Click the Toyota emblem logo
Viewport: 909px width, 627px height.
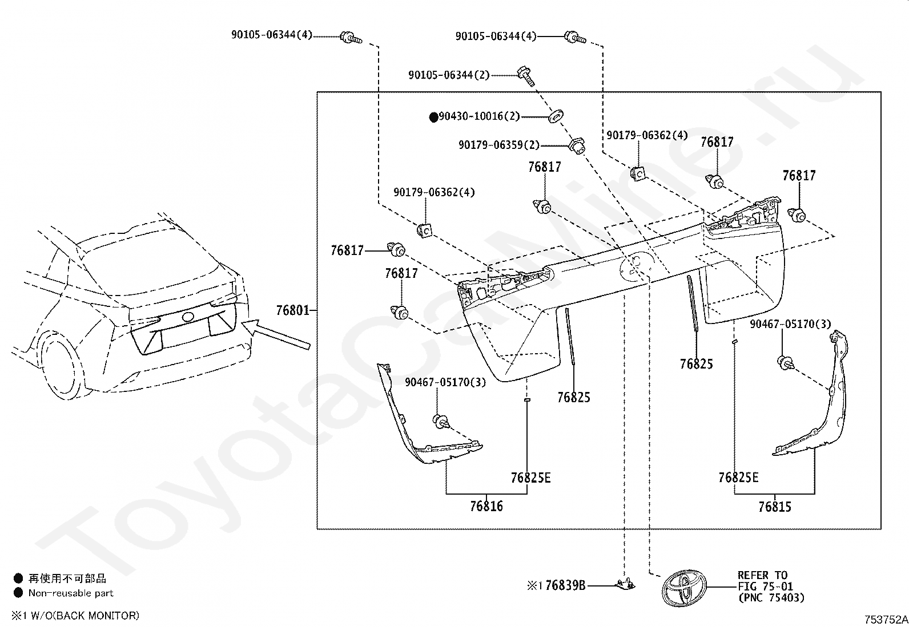(684, 587)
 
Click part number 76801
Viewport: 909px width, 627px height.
(292, 311)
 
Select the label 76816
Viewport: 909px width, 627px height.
(486, 506)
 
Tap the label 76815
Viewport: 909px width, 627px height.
(775, 507)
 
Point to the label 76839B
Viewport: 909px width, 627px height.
(565, 585)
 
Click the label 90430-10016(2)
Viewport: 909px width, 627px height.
(479, 116)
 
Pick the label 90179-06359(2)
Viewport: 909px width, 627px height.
(499, 145)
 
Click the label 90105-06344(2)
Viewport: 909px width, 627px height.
(449, 75)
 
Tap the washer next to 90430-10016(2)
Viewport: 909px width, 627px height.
(556, 117)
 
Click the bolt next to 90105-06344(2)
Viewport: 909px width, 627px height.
(526, 76)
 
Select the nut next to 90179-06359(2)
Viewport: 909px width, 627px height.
(577, 146)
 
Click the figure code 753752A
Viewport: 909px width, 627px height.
(886, 620)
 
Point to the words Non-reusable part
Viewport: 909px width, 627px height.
(71, 593)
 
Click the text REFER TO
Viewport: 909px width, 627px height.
(762, 576)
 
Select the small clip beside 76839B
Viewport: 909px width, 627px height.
(625, 584)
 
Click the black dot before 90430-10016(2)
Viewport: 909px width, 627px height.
(434, 117)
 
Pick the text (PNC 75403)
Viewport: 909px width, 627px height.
(771, 598)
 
